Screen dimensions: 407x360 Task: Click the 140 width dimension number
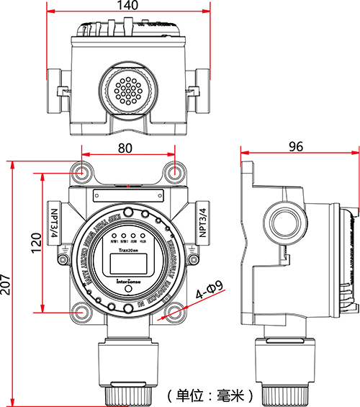[x=128, y=6]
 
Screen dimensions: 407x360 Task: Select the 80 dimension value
[x=125, y=148]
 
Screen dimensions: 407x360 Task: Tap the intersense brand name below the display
[x=128, y=282]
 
